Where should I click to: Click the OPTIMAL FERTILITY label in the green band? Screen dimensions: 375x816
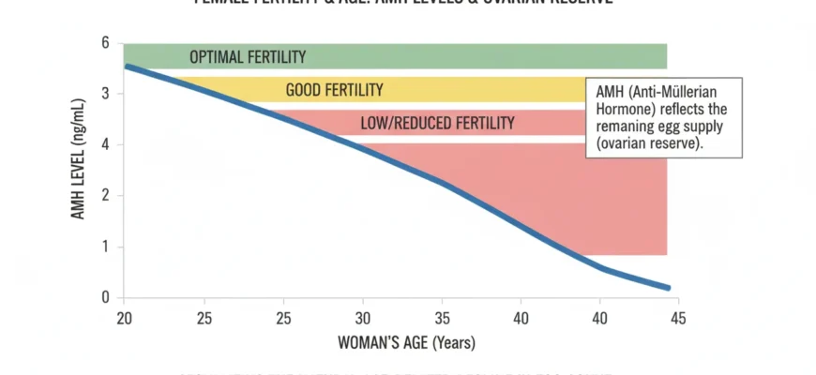coord(248,57)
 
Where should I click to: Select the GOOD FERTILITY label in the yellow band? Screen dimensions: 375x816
coord(334,90)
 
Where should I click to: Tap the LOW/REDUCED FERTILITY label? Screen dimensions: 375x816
coord(437,123)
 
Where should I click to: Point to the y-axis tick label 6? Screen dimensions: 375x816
coord(106,43)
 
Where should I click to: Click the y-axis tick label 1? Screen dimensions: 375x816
coord(106,247)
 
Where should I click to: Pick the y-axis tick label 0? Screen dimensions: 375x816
coord(106,297)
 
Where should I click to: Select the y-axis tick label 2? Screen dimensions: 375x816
coord(106,196)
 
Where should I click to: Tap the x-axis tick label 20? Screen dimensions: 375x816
coord(123,318)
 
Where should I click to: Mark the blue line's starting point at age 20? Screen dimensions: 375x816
coord(126,66)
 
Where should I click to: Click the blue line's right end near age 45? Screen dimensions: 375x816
coord(668,288)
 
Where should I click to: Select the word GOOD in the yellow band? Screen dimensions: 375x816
coord(305,90)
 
